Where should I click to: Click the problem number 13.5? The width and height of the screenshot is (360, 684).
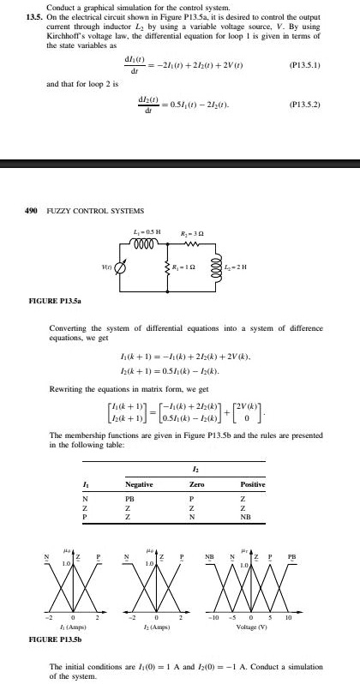click(35, 17)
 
